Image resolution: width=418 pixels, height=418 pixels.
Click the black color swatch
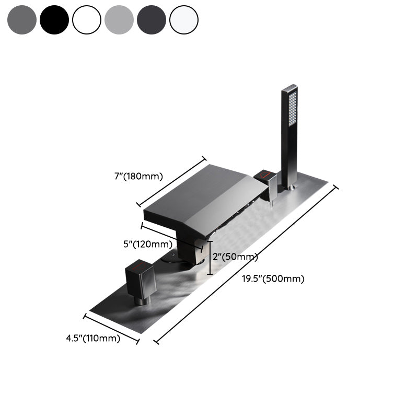point(54,20)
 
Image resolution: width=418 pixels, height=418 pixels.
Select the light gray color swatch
point(119,20)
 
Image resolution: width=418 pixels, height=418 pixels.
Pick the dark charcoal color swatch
point(152,20)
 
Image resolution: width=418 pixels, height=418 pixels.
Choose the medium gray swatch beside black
point(22,20)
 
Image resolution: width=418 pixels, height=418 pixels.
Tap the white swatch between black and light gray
point(87,20)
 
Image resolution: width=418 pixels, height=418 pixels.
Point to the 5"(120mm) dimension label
point(148,244)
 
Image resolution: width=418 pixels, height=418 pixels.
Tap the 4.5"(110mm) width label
point(93,338)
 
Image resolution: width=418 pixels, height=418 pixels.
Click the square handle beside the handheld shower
point(270,183)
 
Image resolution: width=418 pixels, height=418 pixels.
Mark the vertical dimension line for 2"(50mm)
point(210,258)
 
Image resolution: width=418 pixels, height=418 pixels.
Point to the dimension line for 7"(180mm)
point(171,181)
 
